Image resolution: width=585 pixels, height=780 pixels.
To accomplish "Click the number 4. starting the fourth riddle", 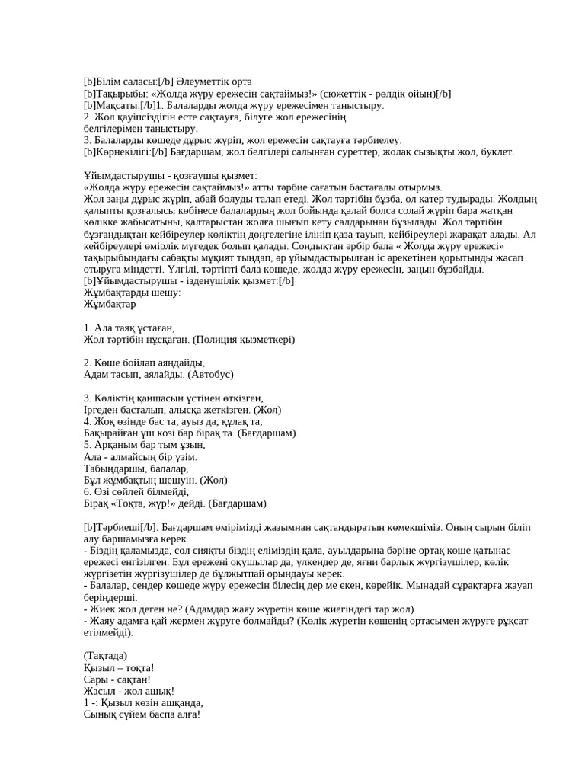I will (x=88, y=420).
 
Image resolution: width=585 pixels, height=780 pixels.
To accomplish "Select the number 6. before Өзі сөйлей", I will (x=88, y=491).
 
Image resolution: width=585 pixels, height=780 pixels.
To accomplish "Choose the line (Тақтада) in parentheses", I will (x=105, y=655).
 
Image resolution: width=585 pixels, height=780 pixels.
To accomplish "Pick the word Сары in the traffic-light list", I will (x=96, y=679).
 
